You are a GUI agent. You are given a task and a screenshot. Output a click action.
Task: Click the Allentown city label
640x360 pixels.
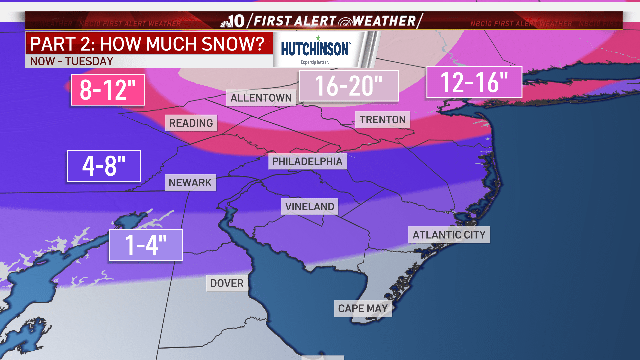261,98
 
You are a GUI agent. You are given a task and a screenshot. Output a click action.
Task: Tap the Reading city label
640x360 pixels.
191,123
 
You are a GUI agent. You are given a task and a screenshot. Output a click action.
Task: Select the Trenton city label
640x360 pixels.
382,120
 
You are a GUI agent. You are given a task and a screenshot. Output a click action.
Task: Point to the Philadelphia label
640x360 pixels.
307,161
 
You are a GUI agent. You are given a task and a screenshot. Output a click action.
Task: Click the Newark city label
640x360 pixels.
190,183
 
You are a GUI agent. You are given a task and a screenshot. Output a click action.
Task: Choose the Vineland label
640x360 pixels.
309,207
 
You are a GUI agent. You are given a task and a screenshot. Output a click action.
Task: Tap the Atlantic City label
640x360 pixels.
449,235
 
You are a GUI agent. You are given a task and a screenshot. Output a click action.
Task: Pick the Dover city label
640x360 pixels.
227,283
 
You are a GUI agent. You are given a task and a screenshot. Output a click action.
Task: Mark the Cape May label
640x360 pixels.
363,308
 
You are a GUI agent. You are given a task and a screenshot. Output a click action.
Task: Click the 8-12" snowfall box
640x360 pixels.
108,90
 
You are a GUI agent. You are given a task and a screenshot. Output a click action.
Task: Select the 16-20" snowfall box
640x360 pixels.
349,86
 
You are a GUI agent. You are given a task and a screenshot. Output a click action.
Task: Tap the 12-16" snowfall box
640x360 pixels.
474,82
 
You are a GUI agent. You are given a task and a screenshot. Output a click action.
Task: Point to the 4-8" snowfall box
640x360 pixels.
104,166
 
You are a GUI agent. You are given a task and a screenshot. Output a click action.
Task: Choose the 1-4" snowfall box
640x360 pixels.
146,245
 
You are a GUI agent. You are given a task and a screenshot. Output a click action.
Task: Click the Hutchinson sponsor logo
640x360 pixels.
315,49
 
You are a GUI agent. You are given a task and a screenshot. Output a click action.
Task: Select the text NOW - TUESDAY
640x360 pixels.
72,61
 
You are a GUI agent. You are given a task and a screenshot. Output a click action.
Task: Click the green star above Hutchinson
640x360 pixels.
318,38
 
